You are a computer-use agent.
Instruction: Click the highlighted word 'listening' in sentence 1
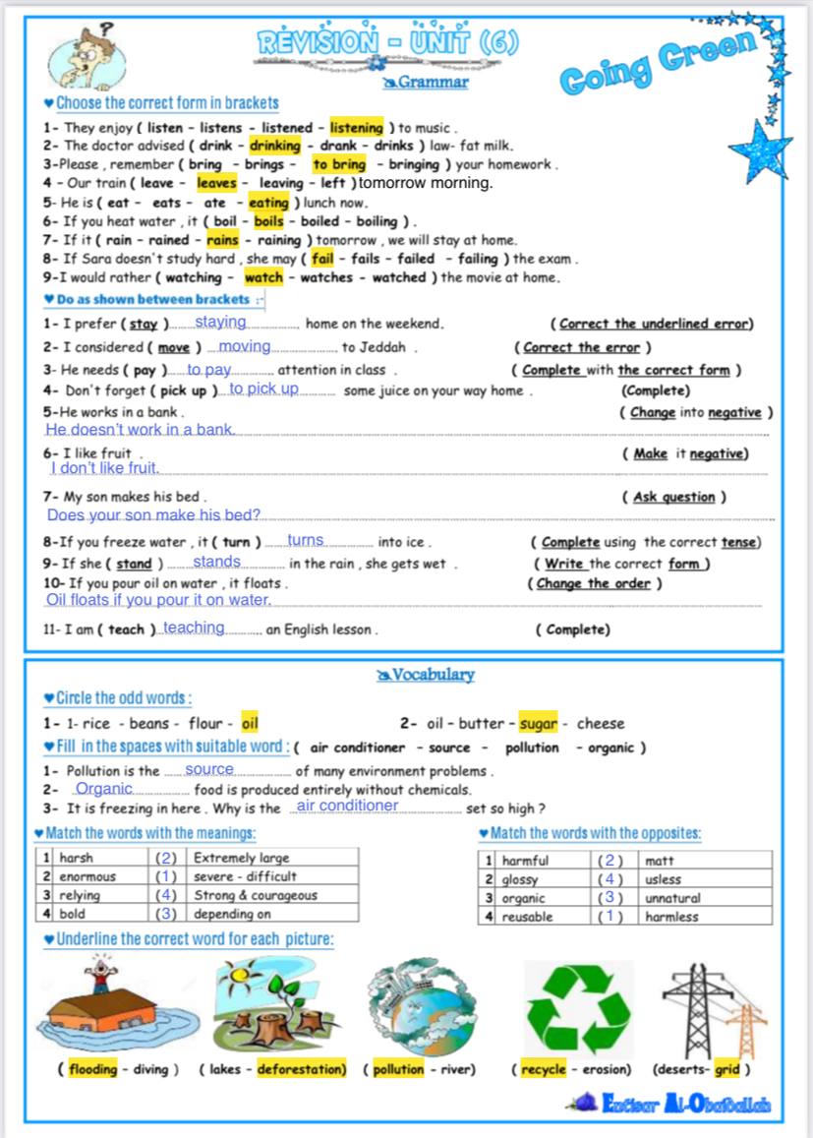pos(356,128)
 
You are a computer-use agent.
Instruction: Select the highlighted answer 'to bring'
pos(338,165)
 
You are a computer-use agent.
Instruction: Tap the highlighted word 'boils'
pos(268,221)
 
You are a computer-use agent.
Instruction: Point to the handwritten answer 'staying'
pos(220,322)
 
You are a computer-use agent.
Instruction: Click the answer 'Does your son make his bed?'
pos(153,515)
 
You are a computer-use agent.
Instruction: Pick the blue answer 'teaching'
pos(194,628)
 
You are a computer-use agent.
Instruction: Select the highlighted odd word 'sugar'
pos(538,724)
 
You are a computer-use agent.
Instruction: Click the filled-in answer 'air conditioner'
pos(347,807)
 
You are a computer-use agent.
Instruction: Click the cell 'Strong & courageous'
pos(256,895)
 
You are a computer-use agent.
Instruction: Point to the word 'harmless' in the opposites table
pos(671,917)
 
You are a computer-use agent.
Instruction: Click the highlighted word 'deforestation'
pos(302,1069)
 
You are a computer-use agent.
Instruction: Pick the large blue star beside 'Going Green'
pos(760,149)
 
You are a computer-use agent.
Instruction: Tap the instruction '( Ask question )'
pos(674,498)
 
